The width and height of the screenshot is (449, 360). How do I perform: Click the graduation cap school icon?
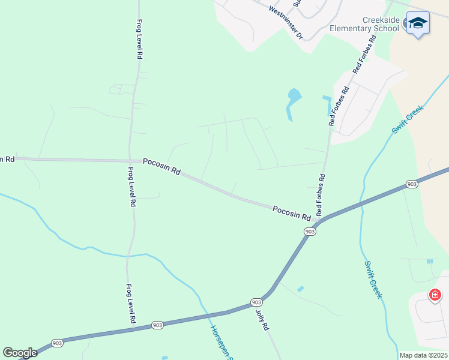pos(418,23)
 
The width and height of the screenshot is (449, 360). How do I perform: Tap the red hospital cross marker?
pos(435,295)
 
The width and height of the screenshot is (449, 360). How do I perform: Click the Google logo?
pos(20,353)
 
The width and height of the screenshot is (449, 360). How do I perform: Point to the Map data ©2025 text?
pos(423,355)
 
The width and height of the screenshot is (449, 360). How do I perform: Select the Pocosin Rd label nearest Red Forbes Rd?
pos(291,212)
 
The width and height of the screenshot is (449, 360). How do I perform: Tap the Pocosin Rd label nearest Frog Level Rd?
pos(161,166)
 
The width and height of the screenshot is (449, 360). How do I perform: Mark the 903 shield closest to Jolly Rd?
pos(256,302)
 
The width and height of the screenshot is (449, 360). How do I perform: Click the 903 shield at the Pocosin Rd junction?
pos(310,231)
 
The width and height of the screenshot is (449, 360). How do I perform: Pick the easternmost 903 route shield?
pos(411,184)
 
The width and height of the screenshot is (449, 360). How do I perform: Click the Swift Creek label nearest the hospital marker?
pos(373,280)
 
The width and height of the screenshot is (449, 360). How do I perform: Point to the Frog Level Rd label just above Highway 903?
pos(130,305)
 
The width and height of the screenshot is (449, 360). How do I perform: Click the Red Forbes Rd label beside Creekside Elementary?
pos(364,55)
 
